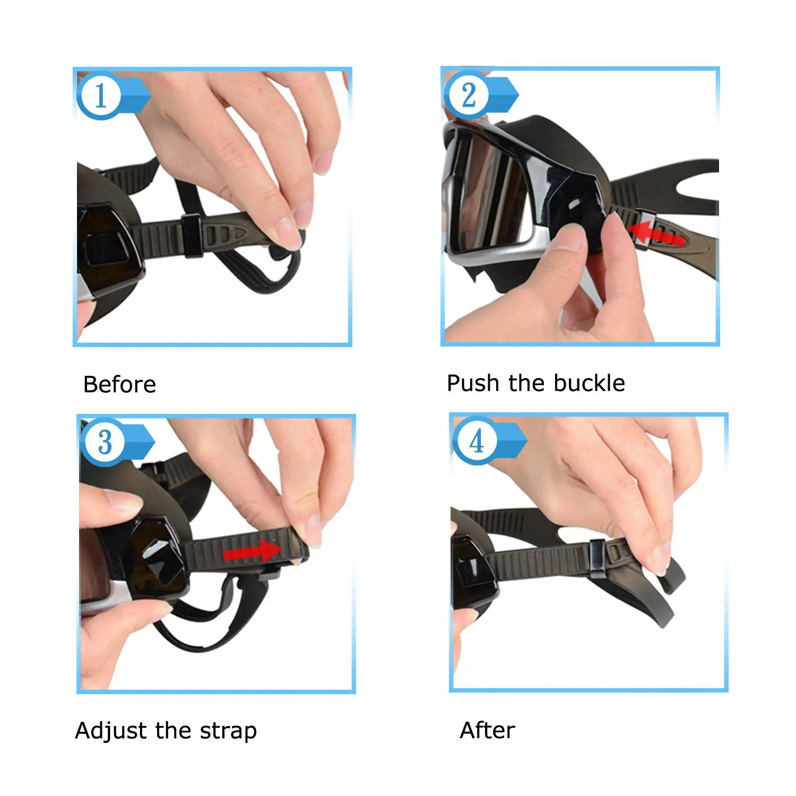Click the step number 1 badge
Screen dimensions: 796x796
pyautogui.click(x=100, y=96)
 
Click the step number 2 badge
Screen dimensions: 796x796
pyautogui.click(x=468, y=95)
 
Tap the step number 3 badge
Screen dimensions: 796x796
pyautogui.click(x=105, y=442)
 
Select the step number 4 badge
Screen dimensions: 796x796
pyautogui.click(x=477, y=440)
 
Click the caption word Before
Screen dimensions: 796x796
pyautogui.click(x=119, y=384)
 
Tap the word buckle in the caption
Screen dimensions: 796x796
pyautogui.click(x=591, y=383)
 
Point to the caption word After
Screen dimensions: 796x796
pyautogui.click(x=487, y=730)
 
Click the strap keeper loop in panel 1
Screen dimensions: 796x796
pyautogui.click(x=192, y=236)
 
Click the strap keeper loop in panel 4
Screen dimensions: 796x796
pyautogui.click(x=597, y=559)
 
